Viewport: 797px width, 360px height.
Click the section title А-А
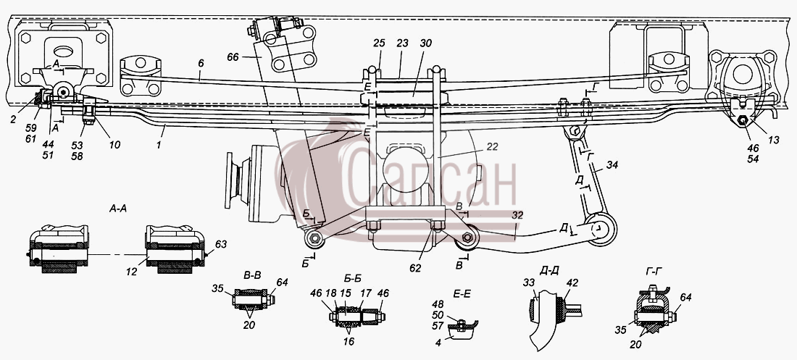[118, 208]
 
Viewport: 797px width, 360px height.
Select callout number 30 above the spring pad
[425, 43]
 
